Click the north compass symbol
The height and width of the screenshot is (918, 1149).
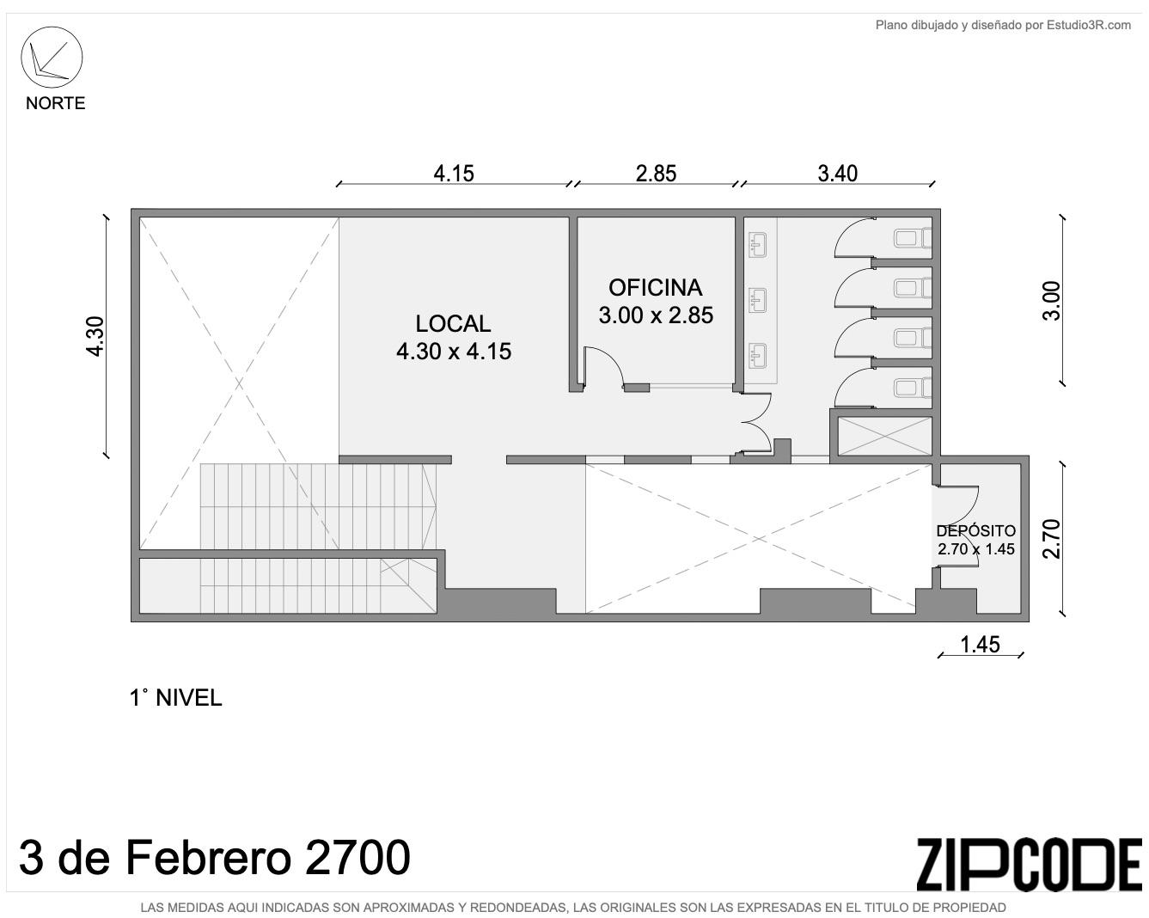point(52,57)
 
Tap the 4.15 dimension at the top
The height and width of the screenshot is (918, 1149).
point(453,174)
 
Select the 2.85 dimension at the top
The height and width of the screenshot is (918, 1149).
point(656,174)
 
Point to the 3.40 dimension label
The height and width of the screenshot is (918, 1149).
point(837,174)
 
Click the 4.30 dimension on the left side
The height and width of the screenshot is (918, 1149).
point(96,336)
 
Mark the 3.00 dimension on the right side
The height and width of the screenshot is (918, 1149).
point(1051,301)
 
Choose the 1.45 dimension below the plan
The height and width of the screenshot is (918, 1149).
point(980,645)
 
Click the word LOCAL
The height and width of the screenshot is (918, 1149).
point(453,324)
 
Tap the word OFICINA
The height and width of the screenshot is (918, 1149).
point(655,288)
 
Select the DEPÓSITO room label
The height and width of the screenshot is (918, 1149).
point(976,531)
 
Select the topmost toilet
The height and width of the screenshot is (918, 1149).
point(913,238)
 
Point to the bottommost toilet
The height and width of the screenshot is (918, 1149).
point(913,387)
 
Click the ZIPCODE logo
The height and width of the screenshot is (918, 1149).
point(1029,865)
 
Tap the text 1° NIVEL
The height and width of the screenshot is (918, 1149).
point(175,698)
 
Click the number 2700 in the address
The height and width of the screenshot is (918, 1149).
point(358,858)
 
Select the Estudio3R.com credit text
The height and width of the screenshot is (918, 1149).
point(1003,25)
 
